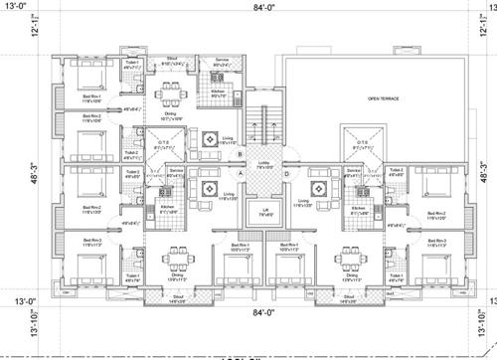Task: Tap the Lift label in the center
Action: [x=266, y=212]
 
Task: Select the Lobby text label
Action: [x=264, y=165]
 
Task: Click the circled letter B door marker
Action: [x=240, y=154]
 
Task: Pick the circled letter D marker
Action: [x=287, y=175]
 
